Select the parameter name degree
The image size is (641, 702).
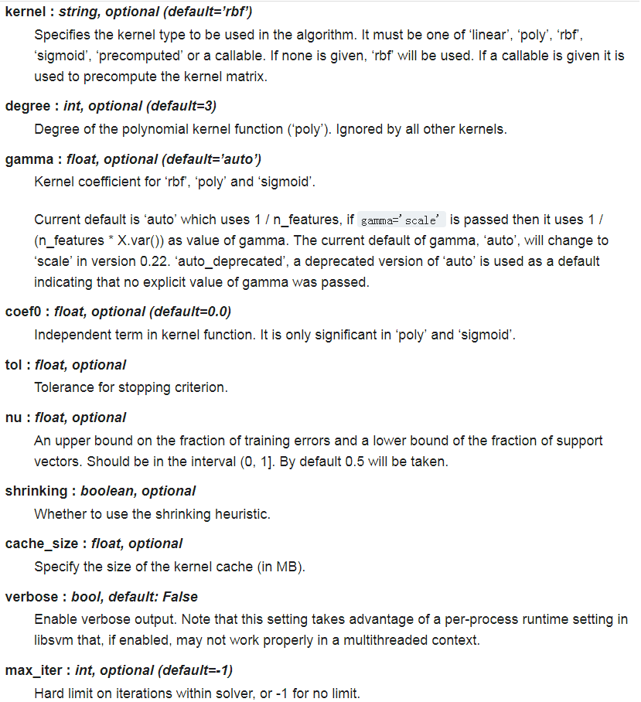pyautogui.click(x=28, y=106)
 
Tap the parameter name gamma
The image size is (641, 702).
pyautogui.click(x=28, y=159)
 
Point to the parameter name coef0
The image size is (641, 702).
pyautogui.click(x=26, y=312)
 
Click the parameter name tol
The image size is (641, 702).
pyautogui.click(x=14, y=364)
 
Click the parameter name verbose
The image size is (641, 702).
pyautogui.click(x=32, y=597)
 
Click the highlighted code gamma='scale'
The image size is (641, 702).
pyautogui.click(x=401, y=220)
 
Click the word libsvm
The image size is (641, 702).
pyautogui.click(x=55, y=640)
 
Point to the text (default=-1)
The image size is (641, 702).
pyautogui.click(x=199, y=670)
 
